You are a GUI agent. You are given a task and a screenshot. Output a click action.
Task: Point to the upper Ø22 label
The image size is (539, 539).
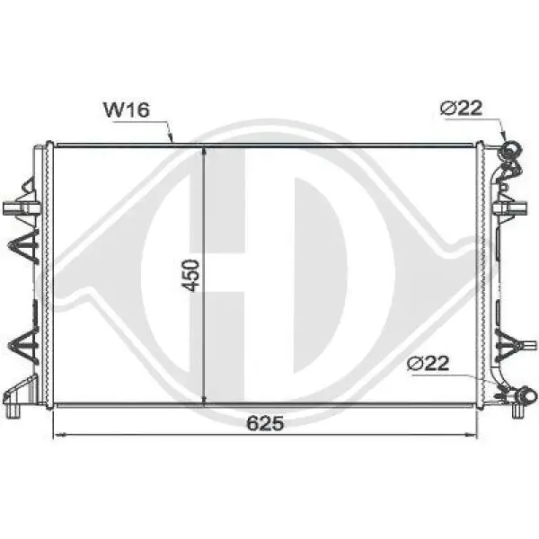click(462, 109)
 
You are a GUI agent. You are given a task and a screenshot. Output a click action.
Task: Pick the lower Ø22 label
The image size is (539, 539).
click(428, 364)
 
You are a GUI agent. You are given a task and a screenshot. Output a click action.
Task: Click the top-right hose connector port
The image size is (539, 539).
click(510, 149)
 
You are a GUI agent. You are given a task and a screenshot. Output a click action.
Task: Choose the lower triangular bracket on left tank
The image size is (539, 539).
click(22, 342)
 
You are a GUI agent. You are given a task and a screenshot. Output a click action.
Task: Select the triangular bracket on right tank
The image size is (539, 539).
click(508, 343)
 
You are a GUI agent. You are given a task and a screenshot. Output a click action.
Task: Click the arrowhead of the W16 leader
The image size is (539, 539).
click(170, 140)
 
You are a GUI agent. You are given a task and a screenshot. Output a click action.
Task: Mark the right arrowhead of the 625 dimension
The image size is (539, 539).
click(474, 435)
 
